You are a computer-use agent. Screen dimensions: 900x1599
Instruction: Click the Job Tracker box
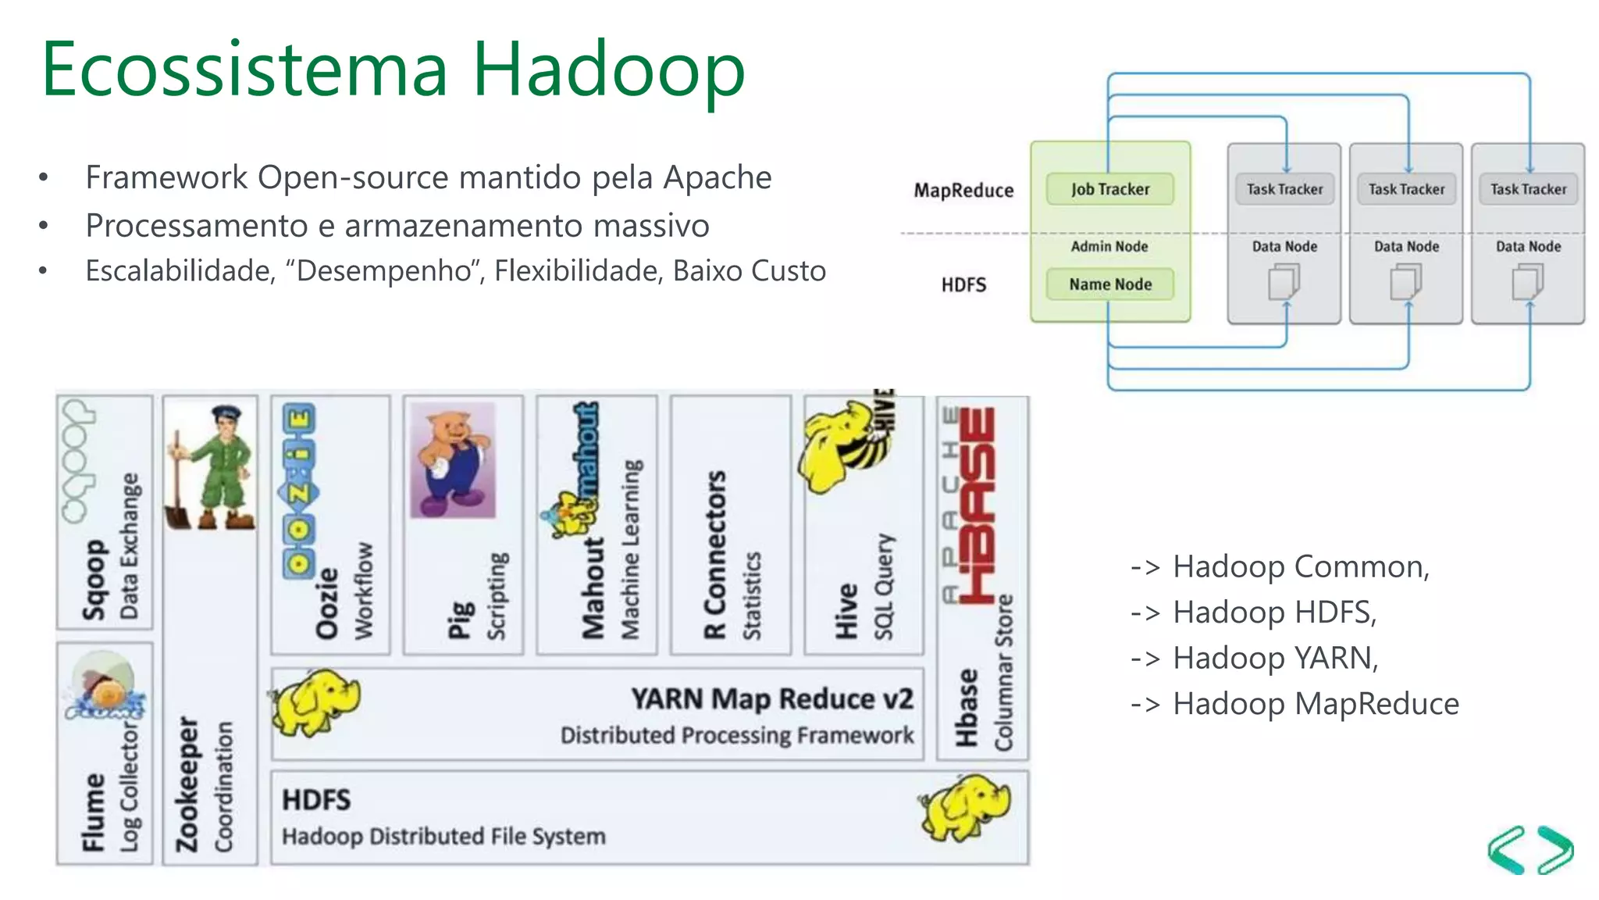tap(1109, 189)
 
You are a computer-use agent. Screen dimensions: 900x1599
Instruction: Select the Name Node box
tap(1109, 284)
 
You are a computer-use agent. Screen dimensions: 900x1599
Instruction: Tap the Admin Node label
tap(1109, 246)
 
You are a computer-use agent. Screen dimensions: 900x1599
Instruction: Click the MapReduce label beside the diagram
tap(963, 191)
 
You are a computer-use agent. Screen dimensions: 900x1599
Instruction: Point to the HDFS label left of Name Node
tap(963, 285)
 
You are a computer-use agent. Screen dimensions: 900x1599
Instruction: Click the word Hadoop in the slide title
tap(608, 70)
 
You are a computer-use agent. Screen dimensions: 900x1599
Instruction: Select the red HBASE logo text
tap(977, 504)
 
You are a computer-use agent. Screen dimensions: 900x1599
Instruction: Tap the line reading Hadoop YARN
tap(1274, 658)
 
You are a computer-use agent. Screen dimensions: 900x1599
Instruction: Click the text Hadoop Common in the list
tap(1300, 566)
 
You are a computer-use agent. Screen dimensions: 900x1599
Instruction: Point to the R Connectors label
tap(715, 555)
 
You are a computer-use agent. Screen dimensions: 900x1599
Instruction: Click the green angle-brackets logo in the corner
tap(1530, 850)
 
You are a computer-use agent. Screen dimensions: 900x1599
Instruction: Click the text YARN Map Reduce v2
tap(771, 698)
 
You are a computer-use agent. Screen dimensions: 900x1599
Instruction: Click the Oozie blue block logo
tap(299, 492)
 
